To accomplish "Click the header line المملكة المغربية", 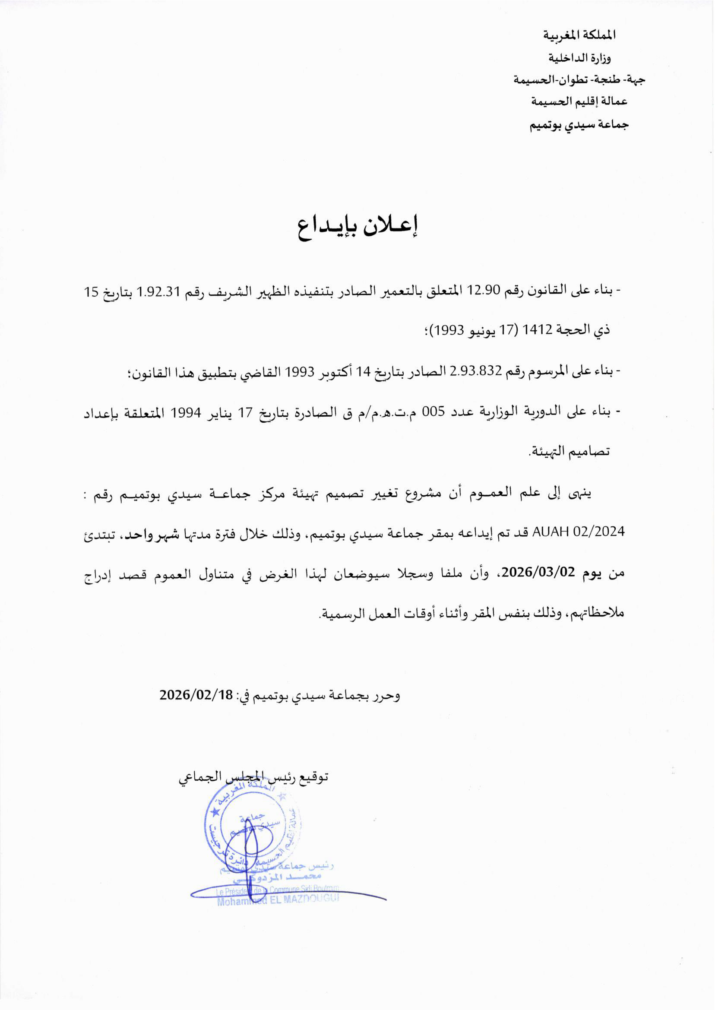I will click(x=579, y=35).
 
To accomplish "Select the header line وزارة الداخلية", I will click(x=579, y=58).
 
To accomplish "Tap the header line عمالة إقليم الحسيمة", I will click(x=579, y=102).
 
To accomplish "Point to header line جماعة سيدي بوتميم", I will click(x=579, y=125).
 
